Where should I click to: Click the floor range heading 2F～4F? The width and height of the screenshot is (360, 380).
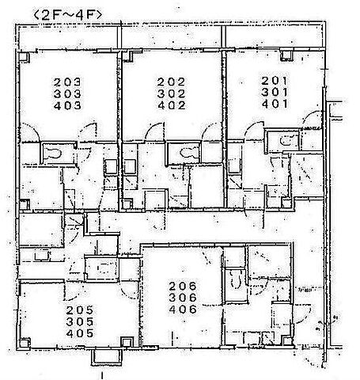(67, 15)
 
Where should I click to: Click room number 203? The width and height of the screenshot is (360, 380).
(67, 82)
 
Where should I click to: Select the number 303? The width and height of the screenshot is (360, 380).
(67, 93)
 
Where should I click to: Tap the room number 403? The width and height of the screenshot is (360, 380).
(67, 105)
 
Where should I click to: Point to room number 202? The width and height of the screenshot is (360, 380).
(171, 82)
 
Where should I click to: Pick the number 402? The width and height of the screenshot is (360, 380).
(171, 105)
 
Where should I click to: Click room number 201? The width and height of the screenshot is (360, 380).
(275, 81)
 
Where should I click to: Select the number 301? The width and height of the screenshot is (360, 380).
(275, 92)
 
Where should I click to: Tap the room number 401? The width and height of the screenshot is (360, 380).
(275, 104)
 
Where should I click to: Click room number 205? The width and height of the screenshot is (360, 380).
(80, 310)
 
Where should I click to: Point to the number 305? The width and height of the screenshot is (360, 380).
(80, 322)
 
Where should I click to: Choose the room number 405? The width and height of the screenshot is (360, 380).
(80, 333)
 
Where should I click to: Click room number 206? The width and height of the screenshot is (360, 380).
(183, 286)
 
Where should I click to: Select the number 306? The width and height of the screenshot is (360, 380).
(183, 298)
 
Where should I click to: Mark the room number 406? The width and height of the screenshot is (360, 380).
(183, 310)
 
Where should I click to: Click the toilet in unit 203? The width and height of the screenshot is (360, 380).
(54, 154)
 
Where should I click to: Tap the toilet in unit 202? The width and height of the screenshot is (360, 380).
(187, 153)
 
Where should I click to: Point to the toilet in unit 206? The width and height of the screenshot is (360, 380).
(236, 280)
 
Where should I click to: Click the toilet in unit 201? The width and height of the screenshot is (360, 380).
(286, 140)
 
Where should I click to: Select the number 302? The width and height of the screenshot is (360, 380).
(171, 93)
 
